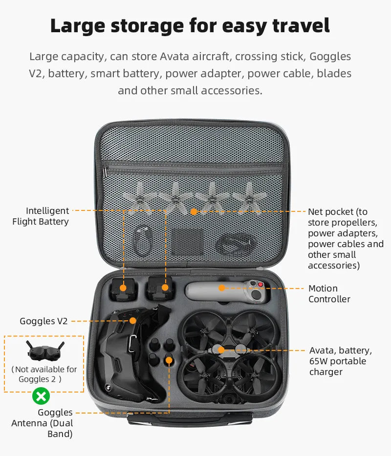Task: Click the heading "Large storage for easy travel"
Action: pyautogui.click(x=190, y=26)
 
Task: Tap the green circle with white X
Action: pyautogui.click(x=41, y=395)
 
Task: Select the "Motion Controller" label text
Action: pyautogui.click(x=329, y=294)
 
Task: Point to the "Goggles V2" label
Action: pyautogui.click(x=43, y=321)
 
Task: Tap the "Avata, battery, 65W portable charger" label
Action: pyautogui.click(x=340, y=361)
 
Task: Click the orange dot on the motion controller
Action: pyautogui.click(x=221, y=288)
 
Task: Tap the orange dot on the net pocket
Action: pyautogui.click(x=194, y=211)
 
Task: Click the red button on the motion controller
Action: pyautogui.click(x=261, y=284)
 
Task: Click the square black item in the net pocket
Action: pyautogui.click(x=187, y=242)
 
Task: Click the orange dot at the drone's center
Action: pyautogui.click(x=221, y=350)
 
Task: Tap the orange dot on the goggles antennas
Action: pyautogui.click(x=169, y=360)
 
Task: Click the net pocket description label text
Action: pyautogui.click(x=345, y=238)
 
